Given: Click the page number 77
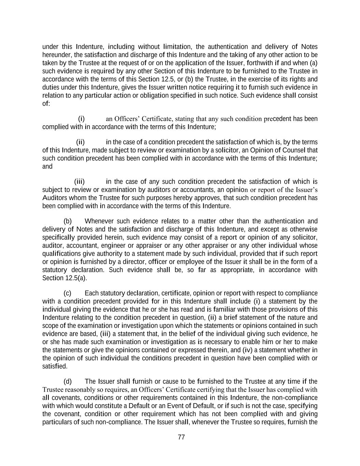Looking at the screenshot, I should tap(181, 437).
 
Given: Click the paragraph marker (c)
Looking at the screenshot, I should tap(68, 293).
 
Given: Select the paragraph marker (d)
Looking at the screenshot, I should tap(68, 381).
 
